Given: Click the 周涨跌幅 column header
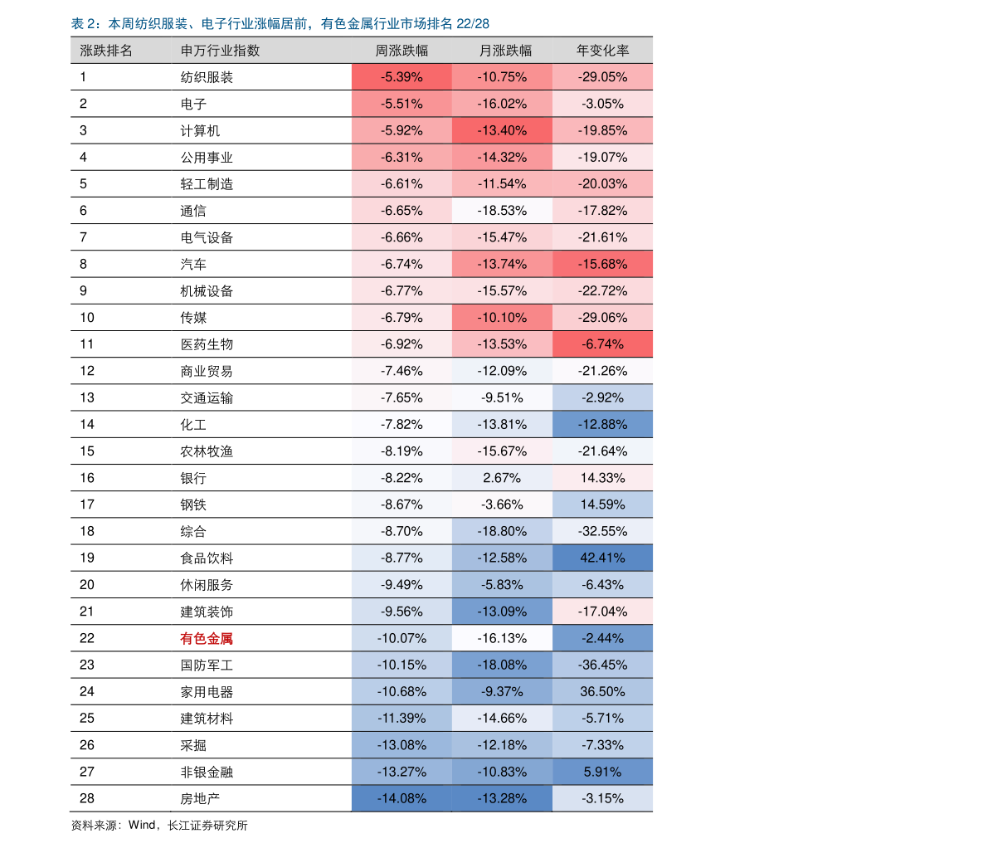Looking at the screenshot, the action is [402, 51].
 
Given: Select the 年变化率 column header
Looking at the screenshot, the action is [602, 51].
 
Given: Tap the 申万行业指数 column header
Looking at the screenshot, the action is [220, 51].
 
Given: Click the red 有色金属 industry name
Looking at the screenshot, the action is [207, 638].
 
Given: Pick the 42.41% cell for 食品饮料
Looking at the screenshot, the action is [602, 558].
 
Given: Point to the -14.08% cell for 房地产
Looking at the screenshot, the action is [402, 798].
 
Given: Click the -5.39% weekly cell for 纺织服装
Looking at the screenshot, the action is [402, 77].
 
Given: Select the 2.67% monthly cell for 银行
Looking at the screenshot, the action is [502, 478].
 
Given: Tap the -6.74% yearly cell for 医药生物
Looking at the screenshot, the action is [602, 344].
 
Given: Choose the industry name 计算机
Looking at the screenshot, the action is [200, 130].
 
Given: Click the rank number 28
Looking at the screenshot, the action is [87, 798].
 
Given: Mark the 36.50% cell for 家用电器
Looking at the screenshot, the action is [602, 691].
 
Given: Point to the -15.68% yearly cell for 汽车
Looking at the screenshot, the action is [602, 264].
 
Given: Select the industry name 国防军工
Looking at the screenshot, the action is [207, 665].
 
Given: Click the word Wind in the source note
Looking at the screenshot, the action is [142, 825].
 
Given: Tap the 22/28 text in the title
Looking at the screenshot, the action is [473, 24].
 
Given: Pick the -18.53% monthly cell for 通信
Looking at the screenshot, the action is [502, 211].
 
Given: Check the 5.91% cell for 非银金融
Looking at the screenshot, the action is [602, 772].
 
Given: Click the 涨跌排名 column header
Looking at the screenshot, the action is [106, 51].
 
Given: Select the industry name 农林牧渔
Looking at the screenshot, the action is [207, 451].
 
